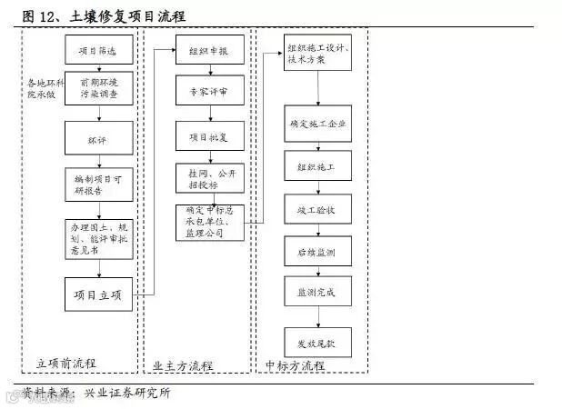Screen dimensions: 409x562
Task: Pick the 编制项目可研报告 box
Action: [x=99, y=185]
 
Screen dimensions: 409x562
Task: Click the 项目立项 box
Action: [x=99, y=293]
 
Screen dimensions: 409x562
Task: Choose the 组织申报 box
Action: [x=209, y=52]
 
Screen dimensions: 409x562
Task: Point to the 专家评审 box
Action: [x=209, y=92]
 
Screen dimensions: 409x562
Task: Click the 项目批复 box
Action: [x=209, y=135]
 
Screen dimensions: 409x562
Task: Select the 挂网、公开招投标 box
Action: [x=209, y=177]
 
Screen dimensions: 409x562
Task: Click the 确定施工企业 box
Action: [x=316, y=125]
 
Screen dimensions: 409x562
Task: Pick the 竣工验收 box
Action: [x=316, y=208]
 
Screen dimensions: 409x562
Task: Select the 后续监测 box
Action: [x=316, y=250]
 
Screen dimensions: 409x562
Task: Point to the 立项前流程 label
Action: [x=66, y=364]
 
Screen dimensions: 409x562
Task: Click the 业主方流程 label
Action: [x=182, y=364]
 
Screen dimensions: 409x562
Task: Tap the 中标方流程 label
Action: [x=295, y=364]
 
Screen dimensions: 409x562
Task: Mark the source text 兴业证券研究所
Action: [x=126, y=393]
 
